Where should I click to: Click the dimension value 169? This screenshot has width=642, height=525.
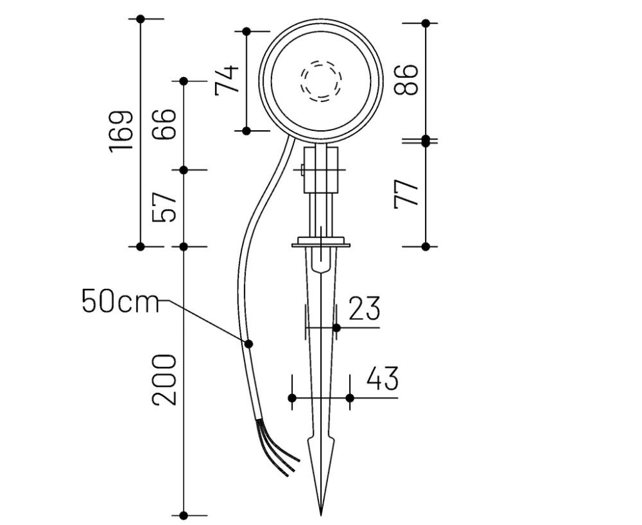point(121,131)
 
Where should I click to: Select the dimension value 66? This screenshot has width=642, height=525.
point(164,125)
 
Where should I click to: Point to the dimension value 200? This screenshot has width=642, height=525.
point(164,379)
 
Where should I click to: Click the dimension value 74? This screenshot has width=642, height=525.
point(227,80)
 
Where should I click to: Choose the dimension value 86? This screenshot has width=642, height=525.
point(406,80)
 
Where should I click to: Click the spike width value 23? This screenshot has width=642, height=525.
point(364,309)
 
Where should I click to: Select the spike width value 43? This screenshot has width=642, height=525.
point(382,379)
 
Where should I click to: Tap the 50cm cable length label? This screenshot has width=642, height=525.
point(120,301)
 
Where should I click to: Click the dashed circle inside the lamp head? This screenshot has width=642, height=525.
point(322,82)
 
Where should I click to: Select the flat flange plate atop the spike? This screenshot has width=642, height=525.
point(321,244)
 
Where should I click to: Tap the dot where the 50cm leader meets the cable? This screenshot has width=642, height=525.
point(248,344)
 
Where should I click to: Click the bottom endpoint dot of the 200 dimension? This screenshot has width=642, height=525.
point(184,515)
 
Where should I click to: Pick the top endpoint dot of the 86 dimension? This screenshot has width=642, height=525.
point(425,23)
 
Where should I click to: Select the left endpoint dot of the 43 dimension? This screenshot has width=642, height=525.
point(292,398)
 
